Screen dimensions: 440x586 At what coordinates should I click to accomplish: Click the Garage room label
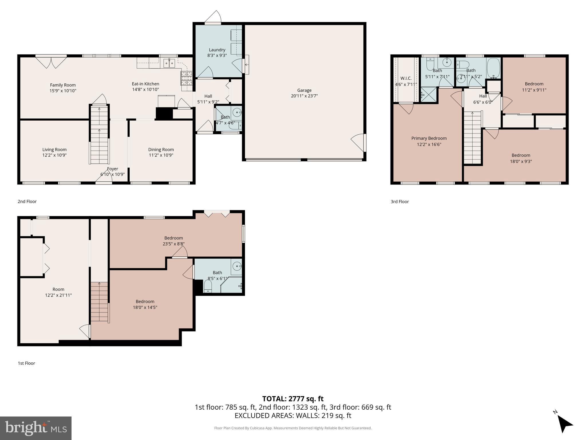[304, 90]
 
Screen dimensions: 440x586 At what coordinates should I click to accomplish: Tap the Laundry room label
[217, 50]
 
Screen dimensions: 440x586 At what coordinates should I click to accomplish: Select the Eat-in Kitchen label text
[145, 84]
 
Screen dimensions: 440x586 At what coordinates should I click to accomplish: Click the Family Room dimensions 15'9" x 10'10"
[63, 91]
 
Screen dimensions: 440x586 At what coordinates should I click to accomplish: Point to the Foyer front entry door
[104, 179]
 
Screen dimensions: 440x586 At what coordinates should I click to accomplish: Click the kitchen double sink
[169, 63]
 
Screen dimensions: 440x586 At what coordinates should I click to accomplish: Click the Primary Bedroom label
[429, 138]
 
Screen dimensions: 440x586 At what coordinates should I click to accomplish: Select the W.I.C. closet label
[406, 78]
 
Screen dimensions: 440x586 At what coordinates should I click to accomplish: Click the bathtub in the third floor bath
[493, 68]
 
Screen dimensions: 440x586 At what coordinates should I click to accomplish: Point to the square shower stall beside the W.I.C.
[428, 95]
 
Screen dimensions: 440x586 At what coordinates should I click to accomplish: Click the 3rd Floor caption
[399, 202]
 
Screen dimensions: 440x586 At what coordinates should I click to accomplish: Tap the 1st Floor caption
[26, 363]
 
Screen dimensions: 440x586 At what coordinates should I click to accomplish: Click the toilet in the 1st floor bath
[207, 286]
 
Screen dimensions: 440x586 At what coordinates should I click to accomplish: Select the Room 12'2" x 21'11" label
[58, 292]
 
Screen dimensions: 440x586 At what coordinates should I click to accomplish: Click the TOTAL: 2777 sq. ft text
[293, 399]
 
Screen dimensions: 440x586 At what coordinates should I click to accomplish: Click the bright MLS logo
[36, 428]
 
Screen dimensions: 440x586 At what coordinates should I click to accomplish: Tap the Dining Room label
[161, 150]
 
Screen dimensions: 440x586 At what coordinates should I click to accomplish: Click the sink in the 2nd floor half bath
[237, 113]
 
